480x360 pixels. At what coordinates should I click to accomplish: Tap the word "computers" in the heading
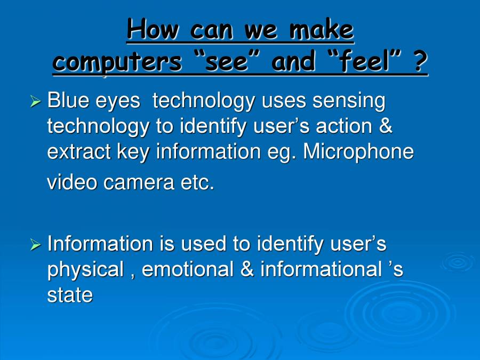click(x=117, y=62)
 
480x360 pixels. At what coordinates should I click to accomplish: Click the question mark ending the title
click(x=421, y=62)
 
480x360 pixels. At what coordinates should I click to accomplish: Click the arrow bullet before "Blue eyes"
click(x=35, y=101)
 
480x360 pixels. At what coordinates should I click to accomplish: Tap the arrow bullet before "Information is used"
click(x=35, y=245)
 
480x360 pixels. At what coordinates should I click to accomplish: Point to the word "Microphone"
click(x=358, y=152)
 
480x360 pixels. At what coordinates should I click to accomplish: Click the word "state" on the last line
click(x=70, y=295)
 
